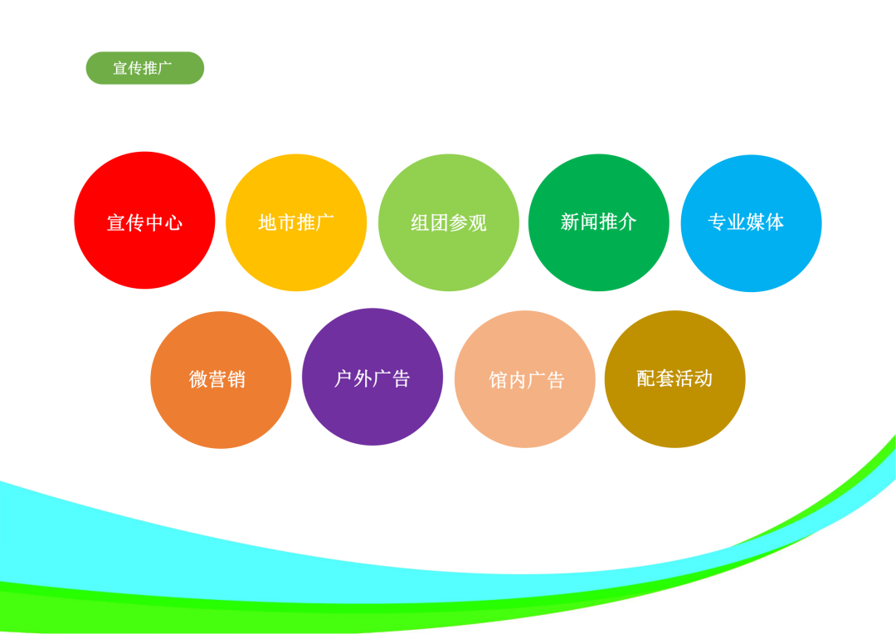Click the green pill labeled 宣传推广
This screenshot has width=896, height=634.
(x=145, y=68)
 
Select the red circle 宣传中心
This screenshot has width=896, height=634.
(x=144, y=220)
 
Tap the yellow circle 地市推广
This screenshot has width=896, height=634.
(x=296, y=222)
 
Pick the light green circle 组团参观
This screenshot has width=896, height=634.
(x=449, y=222)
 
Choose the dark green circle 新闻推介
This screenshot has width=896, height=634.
(x=599, y=222)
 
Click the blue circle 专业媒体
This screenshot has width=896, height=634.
(x=752, y=223)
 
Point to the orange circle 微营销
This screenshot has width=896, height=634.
(x=221, y=379)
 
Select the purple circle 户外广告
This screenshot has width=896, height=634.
(x=373, y=377)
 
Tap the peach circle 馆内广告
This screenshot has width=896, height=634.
(x=525, y=379)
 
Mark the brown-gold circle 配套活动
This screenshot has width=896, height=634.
(x=674, y=379)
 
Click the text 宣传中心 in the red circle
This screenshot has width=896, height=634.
(x=144, y=222)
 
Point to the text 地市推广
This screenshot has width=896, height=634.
(x=296, y=222)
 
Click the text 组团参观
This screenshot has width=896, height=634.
(x=449, y=222)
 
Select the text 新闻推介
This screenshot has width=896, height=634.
(x=598, y=222)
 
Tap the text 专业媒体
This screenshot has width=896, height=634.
(x=746, y=222)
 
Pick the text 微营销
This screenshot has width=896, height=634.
(x=217, y=379)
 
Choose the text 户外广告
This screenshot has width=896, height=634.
(x=372, y=378)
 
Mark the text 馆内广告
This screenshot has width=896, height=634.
(x=527, y=380)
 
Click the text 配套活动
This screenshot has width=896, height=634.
(x=674, y=378)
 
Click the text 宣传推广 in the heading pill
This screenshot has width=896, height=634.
(x=143, y=68)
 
